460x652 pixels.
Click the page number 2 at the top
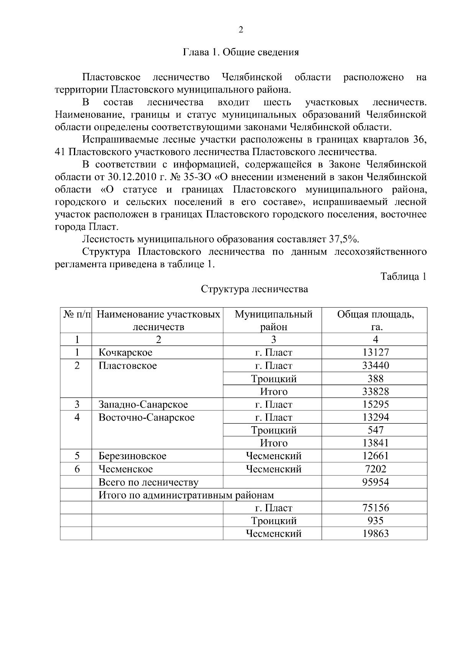point(241,30)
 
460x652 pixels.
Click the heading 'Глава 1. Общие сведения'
point(241,52)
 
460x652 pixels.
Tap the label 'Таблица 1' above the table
point(403,276)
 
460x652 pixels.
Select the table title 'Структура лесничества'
point(255,289)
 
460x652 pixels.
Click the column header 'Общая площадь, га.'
point(375,320)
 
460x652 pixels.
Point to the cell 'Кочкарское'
point(125,352)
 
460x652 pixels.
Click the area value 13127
point(375,352)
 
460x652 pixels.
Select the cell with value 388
point(375,379)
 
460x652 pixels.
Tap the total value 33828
point(375,392)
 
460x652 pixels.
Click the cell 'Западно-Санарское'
point(143,404)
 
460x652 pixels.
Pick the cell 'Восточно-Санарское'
point(146,417)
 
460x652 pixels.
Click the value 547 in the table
point(375,430)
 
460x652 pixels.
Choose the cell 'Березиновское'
point(132,456)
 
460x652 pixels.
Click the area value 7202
point(375,469)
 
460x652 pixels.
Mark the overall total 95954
point(375,482)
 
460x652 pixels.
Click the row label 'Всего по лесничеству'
point(148,482)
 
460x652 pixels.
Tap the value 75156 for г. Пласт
point(375,508)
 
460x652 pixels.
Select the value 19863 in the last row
point(375,534)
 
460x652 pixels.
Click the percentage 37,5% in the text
point(343,239)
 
